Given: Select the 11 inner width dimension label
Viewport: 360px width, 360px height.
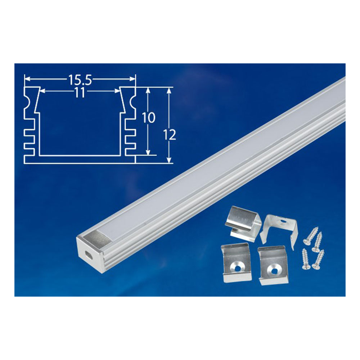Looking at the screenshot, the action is tap(80, 93).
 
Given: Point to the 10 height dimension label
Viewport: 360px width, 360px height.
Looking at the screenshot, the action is tap(149, 118).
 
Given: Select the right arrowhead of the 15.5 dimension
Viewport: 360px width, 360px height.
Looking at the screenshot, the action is tap(133, 79).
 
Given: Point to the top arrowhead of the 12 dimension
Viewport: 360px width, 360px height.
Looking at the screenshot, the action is tap(169, 90).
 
